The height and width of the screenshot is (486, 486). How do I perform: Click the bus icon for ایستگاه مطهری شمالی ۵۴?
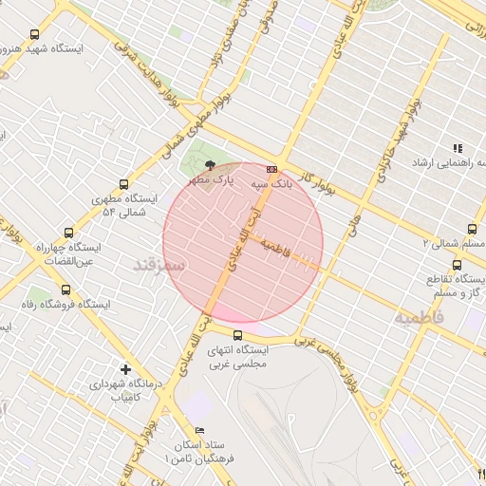click(122, 184)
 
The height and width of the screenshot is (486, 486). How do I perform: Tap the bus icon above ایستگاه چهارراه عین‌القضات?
click(67, 233)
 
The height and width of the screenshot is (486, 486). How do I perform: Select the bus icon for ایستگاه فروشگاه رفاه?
click(65, 290)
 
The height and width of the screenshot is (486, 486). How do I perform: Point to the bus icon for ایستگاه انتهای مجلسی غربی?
click(237, 334)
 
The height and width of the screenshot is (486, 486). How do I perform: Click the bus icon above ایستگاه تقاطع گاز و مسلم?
click(458, 265)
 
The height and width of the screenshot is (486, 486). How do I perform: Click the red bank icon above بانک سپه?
click(272, 169)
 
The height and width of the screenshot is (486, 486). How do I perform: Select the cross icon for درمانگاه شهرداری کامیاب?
click(126, 369)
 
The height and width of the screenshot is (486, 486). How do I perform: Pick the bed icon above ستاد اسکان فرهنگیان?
click(174, 430)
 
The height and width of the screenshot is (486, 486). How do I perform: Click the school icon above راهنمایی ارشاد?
click(458, 148)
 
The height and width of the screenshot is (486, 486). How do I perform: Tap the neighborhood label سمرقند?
click(157, 265)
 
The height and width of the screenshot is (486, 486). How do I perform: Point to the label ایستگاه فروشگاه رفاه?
click(67, 305)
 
